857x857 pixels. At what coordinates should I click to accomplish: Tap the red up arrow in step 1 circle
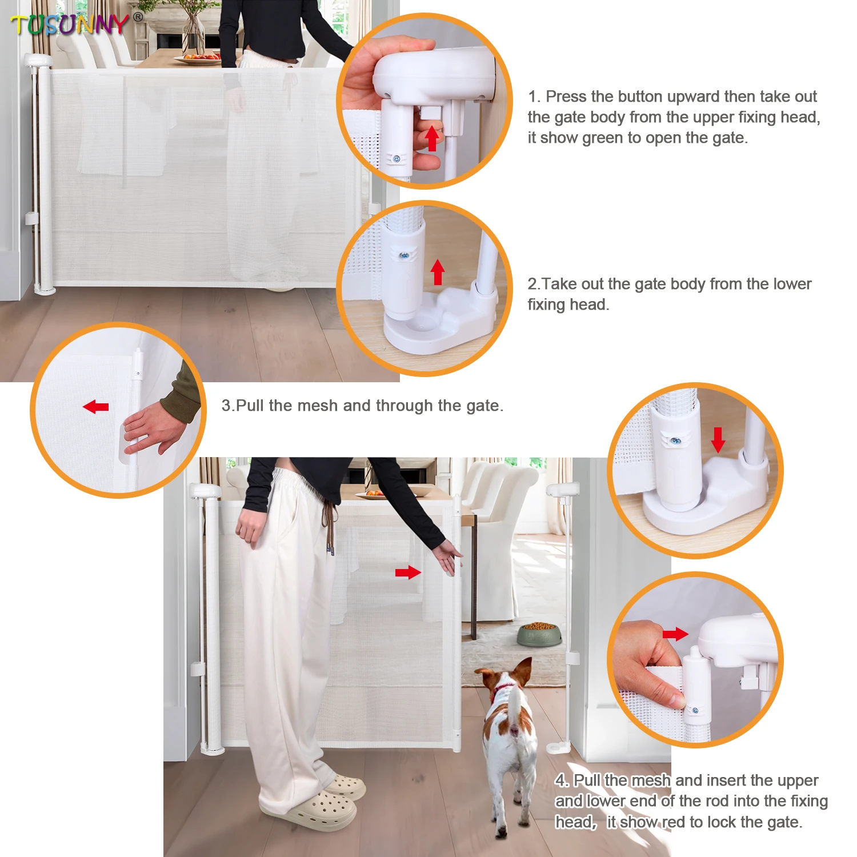(432, 139)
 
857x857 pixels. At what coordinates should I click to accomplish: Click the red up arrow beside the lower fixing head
(438, 272)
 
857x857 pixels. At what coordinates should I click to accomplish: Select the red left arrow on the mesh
(95, 407)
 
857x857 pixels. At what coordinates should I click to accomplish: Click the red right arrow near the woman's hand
(408, 572)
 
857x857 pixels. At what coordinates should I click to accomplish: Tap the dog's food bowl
(539, 634)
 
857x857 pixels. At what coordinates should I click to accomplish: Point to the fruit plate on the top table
(197, 58)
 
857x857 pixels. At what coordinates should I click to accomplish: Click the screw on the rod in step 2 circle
(405, 255)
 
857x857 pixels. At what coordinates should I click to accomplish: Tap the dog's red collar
(503, 689)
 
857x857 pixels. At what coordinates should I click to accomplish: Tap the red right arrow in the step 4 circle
(675, 634)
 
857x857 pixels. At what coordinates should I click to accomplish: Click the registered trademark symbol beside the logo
(138, 17)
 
